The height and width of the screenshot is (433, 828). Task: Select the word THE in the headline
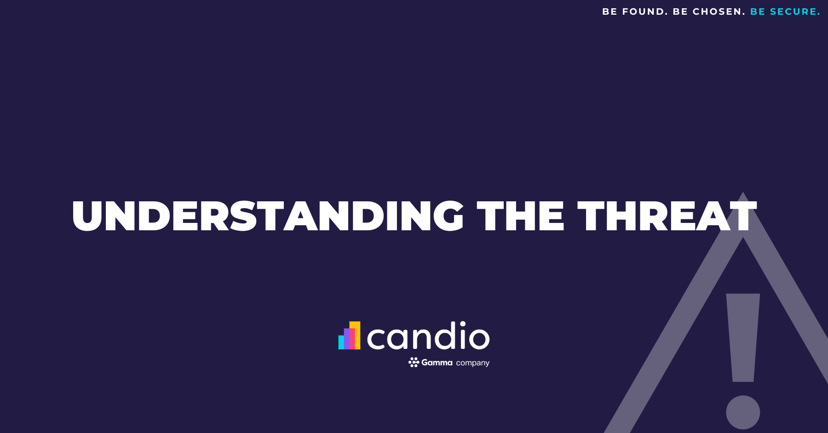coord(520,216)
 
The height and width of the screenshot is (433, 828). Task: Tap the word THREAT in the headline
coord(667,216)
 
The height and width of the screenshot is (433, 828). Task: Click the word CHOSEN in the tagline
coord(719,11)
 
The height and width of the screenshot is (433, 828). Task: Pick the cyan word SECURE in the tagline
coord(795,11)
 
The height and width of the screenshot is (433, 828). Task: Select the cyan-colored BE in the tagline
coord(758,11)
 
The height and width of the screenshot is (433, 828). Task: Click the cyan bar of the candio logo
coord(341,342)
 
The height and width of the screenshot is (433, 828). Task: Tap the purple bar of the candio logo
coord(346,339)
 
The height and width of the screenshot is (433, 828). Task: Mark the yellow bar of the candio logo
coord(357,335)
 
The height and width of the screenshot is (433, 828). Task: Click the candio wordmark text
coord(428,336)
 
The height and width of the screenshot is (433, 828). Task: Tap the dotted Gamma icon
coord(414,362)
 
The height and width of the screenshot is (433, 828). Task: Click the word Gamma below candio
coord(437,362)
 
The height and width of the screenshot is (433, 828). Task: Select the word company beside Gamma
coord(473,363)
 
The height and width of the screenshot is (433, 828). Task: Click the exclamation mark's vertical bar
coord(743,337)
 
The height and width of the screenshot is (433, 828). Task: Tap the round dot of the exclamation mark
coord(743,412)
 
